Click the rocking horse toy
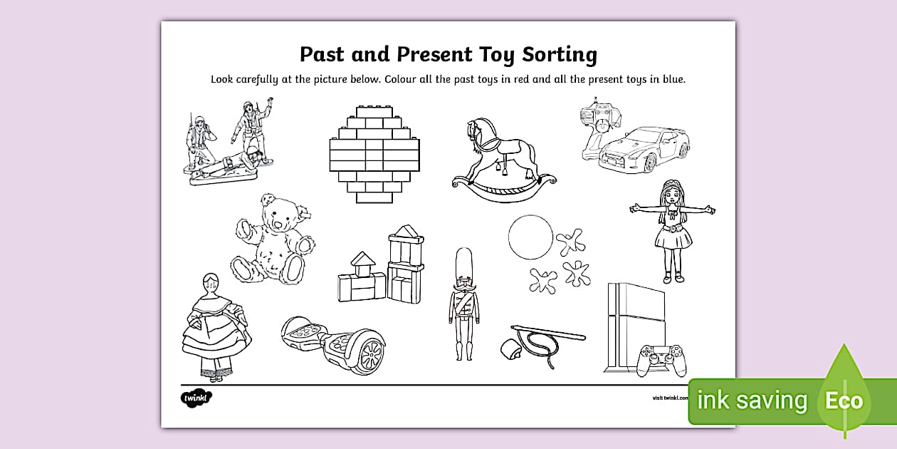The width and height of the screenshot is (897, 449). (503, 160)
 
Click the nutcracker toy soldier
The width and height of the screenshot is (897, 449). (464, 303)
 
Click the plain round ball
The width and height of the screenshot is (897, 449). (530, 238)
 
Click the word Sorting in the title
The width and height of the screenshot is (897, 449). (560, 54)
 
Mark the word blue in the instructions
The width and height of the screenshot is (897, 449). (671, 80)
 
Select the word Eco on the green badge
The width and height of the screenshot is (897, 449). (844, 401)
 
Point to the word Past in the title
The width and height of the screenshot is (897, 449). (325, 54)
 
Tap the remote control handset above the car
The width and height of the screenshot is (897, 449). (600, 121)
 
